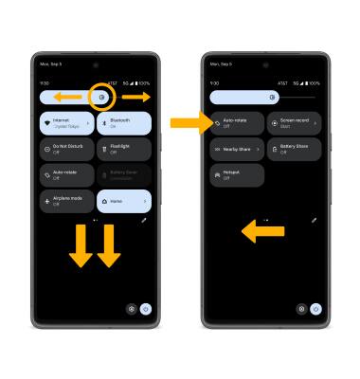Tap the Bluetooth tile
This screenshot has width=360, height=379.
tap(124, 123)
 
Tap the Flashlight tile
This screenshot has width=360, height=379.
tap(124, 149)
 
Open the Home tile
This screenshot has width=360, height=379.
tap(124, 201)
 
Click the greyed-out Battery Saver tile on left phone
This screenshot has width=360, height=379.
tap(124, 175)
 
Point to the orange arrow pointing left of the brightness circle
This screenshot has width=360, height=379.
tap(65, 97)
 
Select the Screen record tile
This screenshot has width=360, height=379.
tap(294, 123)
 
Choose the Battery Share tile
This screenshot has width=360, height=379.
tap(294, 149)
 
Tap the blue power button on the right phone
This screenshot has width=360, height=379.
tap(315, 309)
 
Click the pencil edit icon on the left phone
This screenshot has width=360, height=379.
tap(143, 220)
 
